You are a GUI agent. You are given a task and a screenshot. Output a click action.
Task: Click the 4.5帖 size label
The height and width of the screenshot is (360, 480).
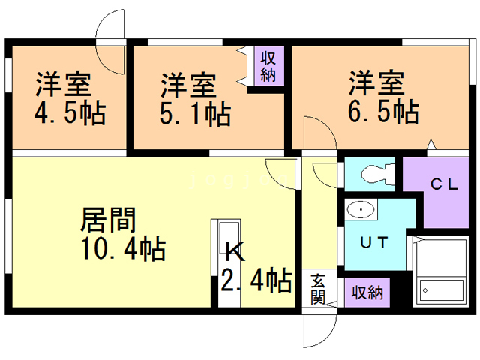[70, 115]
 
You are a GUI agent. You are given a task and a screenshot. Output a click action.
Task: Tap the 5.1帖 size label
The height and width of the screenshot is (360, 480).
[194, 115]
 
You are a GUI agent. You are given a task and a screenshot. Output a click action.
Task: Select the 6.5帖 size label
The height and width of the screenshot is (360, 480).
[382, 112]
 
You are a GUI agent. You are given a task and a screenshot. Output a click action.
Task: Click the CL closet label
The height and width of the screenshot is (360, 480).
[443, 185]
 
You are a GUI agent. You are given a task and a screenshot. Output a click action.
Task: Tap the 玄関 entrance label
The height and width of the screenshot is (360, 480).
[317, 289]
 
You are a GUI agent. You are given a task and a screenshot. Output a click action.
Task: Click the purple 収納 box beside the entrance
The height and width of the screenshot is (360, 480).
[367, 292]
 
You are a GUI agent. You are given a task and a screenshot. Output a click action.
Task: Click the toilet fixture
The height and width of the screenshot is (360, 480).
[376, 175]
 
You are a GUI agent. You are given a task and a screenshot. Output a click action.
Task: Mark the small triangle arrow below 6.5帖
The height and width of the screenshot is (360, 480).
[430, 144]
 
